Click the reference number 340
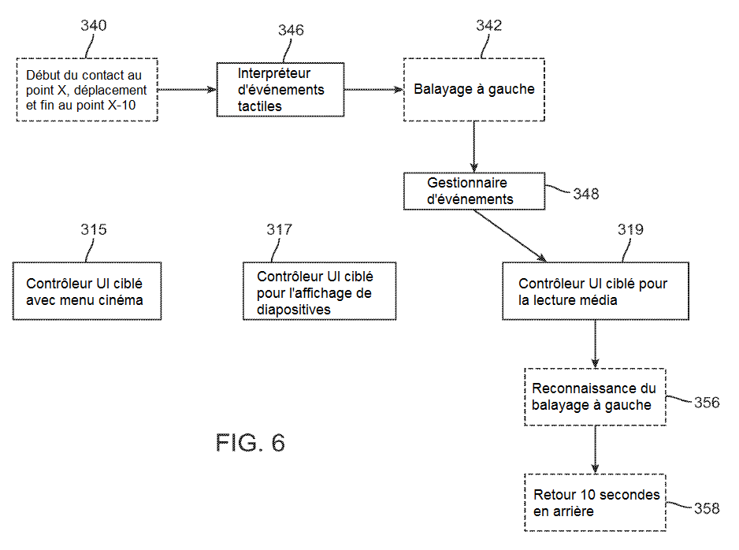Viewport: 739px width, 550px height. pyautogui.click(x=94, y=25)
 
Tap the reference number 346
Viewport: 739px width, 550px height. pyautogui.click(x=291, y=31)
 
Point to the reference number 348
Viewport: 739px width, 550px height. pyautogui.click(x=585, y=194)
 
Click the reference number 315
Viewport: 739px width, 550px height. pyautogui.click(x=94, y=230)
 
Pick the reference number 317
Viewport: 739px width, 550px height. pyautogui.click(x=279, y=229)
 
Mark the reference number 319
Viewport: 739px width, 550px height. pyautogui.click(x=630, y=230)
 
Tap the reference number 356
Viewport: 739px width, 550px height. pyautogui.click(x=706, y=403)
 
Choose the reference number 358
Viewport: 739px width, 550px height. pyautogui.click(x=706, y=508)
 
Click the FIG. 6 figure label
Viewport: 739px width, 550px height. pyautogui.click(x=250, y=443)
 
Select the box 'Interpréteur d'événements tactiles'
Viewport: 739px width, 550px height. pyautogui.click(x=280, y=89)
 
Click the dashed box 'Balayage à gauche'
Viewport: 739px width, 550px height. pyautogui.click(x=473, y=89)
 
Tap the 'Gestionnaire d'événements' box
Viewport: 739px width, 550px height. pyautogui.click(x=473, y=191)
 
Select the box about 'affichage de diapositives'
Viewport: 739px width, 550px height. pyautogui.click(x=319, y=291)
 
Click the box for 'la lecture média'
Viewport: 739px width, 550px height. pyautogui.click(x=595, y=291)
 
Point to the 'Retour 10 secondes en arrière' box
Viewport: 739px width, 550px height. pyautogui.click(x=595, y=503)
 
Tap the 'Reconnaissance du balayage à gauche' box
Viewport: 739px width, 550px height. pyautogui.click(x=595, y=397)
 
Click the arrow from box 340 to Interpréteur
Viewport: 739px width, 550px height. pyautogui.click(x=187, y=89)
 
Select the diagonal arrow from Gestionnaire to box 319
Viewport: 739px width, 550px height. pyautogui.click(x=509, y=236)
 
